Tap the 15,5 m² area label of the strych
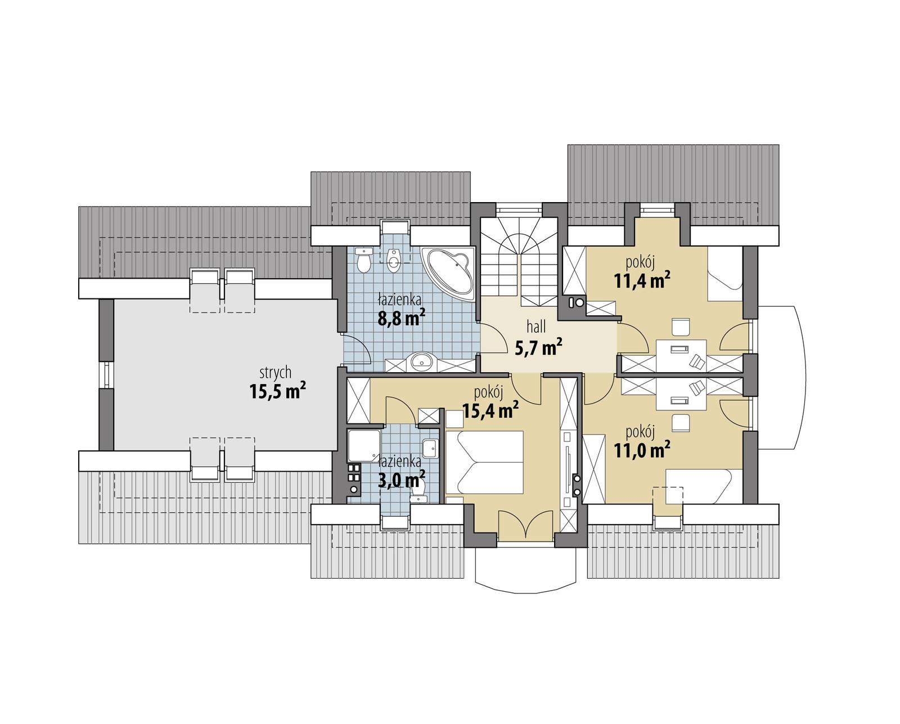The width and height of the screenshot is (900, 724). [277, 391]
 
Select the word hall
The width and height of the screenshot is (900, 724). [537, 327]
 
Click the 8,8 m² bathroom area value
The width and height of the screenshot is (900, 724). [400, 319]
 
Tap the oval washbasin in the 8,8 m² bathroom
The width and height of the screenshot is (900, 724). [420, 363]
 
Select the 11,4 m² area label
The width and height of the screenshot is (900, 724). [642, 280]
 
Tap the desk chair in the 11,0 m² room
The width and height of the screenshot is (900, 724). [681, 422]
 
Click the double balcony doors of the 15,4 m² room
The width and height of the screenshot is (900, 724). [524, 525]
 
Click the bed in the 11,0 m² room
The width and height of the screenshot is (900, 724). [697, 485]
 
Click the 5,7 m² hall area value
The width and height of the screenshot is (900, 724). [539, 348]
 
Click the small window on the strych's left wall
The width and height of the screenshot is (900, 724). [105, 374]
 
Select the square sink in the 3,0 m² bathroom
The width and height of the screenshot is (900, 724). [431, 448]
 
